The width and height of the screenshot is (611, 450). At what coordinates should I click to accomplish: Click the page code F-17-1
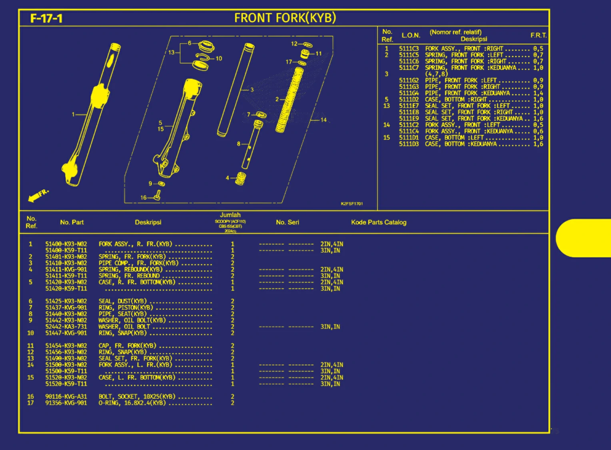pyautogui.click(x=46, y=18)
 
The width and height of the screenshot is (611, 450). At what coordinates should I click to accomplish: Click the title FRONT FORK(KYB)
pyautogui.click(x=285, y=18)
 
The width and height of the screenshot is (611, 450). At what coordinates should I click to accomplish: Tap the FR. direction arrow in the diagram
pyautogui.click(x=38, y=195)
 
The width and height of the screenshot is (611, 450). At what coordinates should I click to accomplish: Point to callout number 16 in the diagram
pyautogui.click(x=143, y=198)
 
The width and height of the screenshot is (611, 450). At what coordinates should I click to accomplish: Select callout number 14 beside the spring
pyautogui.click(x=323, y=120)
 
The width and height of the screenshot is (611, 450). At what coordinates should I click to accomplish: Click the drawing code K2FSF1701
pyautogui.click(x=352, y=204)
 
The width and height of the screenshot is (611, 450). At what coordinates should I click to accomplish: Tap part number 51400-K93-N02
pyautogui.click(x=66, y=244)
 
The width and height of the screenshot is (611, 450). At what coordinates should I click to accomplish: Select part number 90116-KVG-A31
pyautogui.click(x=66, y=396)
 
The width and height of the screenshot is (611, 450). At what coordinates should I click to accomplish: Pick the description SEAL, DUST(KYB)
pyautogui.click(x=123, y=301)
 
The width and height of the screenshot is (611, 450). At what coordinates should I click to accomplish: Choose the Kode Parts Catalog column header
pyautogui.click(x=379, y=222)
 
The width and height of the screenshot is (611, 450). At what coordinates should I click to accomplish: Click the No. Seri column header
pyautogui.click(x=287, y=222)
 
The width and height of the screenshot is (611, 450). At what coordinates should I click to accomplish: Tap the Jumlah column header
pyautogui.click(x=230, y=215)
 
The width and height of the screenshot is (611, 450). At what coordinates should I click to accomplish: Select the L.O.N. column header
pyautogui.click(x=411, y=36)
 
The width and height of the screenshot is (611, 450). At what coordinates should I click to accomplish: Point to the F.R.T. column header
pyautogui.click(x=538, y=36)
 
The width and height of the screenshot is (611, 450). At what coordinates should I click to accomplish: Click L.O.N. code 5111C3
pyautogui.click(x=409, y=49)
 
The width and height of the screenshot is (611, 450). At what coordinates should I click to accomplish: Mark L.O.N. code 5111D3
pyautogui.click(x=409, y=144)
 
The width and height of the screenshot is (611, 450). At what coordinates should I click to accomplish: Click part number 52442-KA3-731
pyautogui.click(x=66, y=327)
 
